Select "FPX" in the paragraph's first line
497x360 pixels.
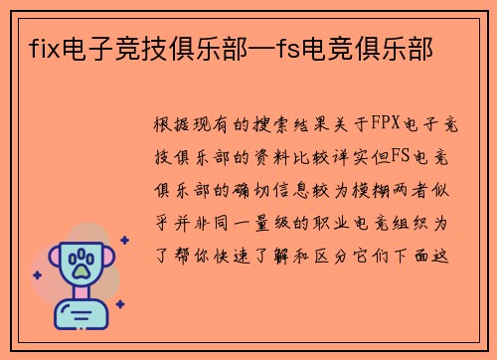(381, 125)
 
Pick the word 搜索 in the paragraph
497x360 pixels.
(261, 125)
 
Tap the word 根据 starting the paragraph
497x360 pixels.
(168, 125)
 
